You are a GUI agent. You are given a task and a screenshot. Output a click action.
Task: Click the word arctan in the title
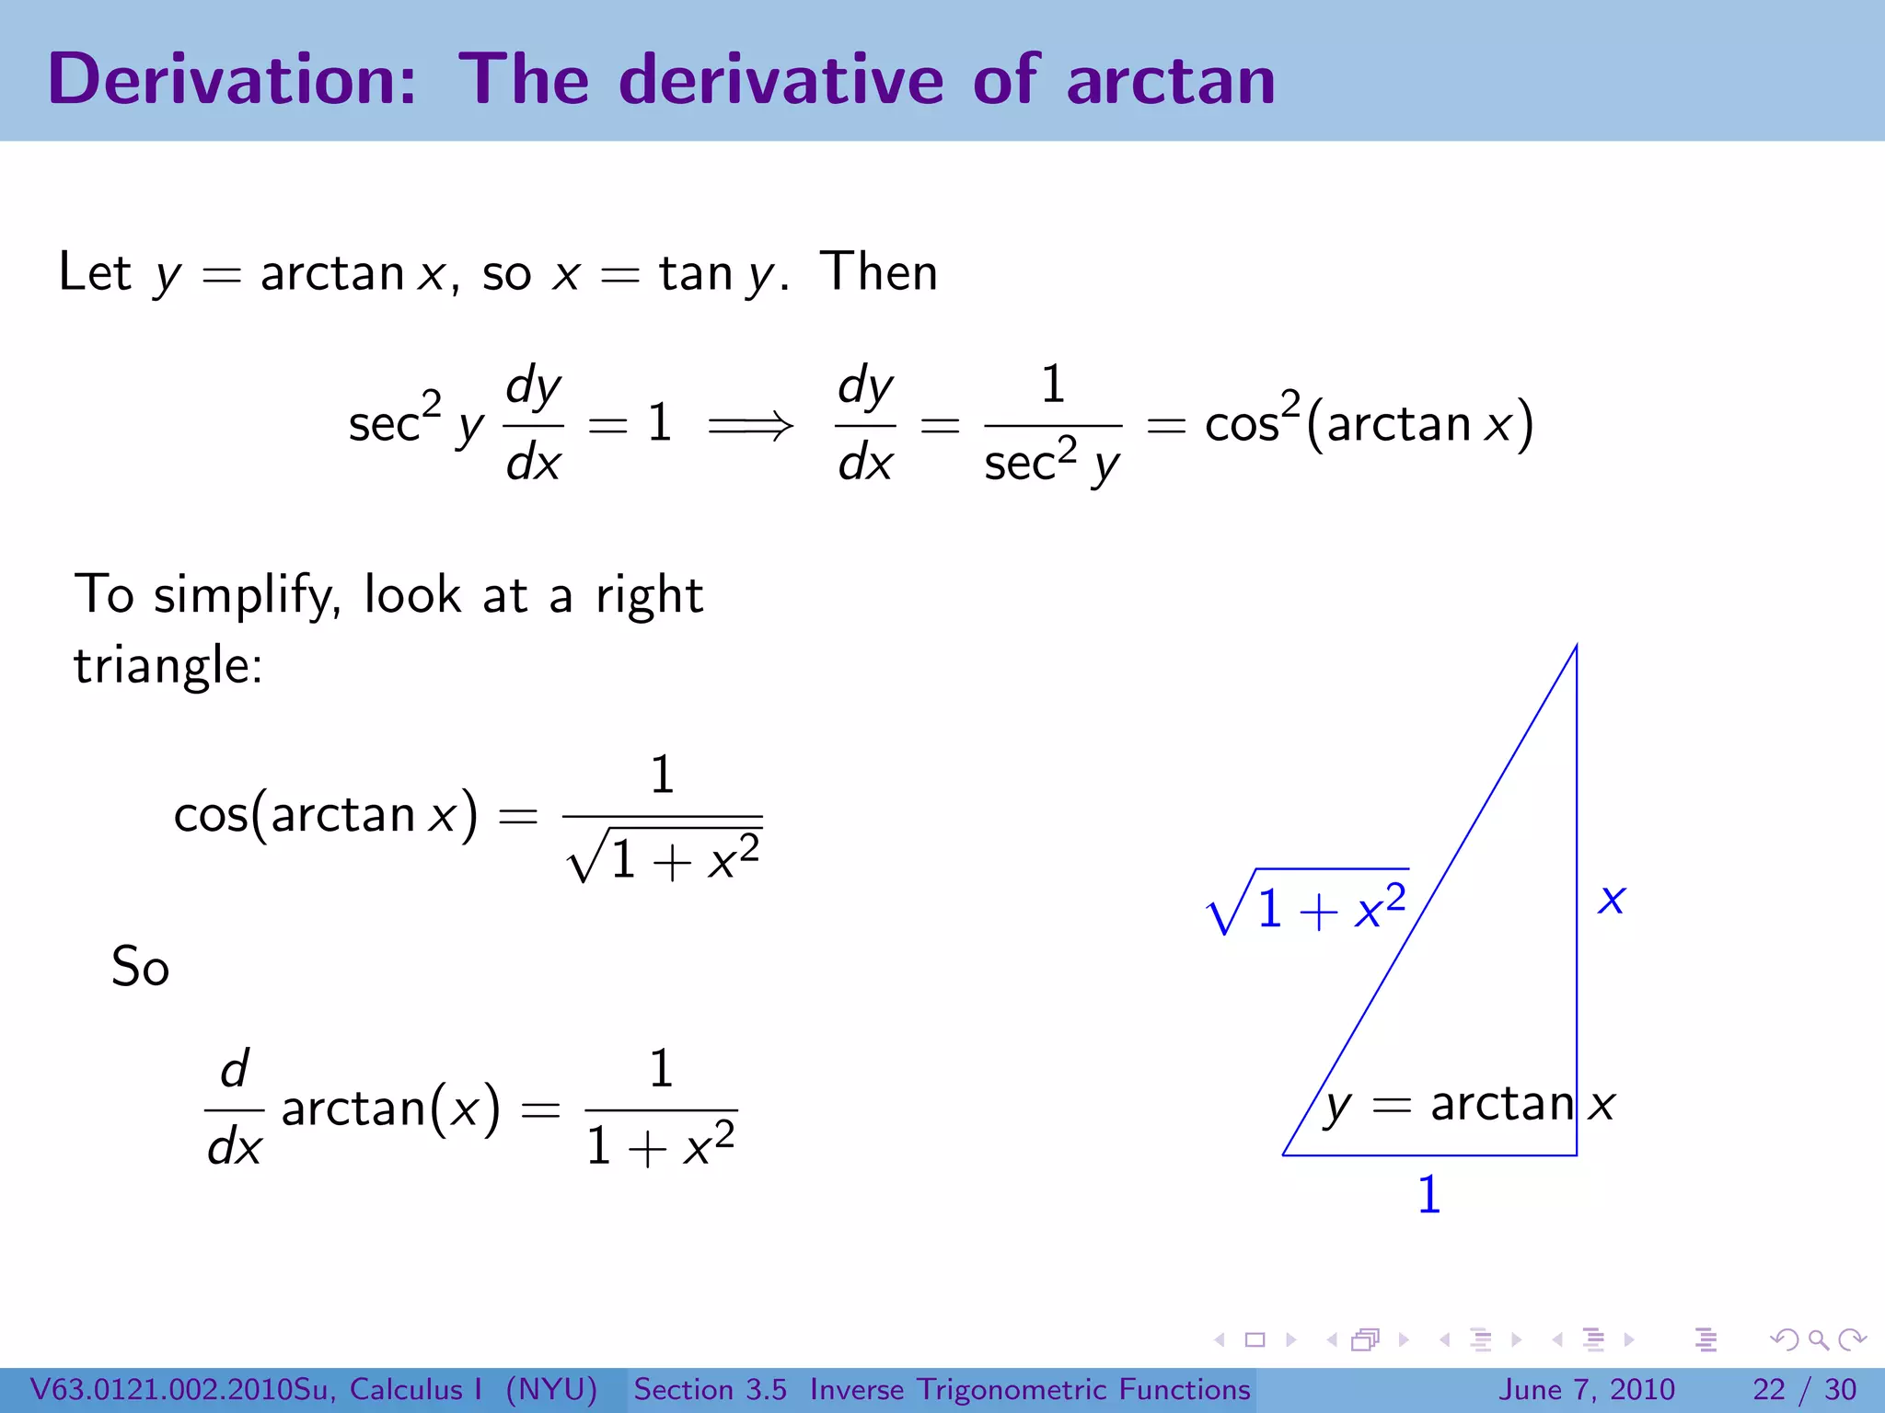coord(1171,80)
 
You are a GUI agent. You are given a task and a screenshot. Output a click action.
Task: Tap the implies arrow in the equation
coord(750,425)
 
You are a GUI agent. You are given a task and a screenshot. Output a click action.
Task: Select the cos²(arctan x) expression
coord(1369,424)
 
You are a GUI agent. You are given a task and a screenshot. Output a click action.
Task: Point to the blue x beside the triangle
coord(1612,899)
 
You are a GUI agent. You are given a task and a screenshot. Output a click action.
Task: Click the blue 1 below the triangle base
coord(1428,1195)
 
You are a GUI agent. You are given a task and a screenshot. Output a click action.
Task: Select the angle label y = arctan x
coord(1470,1104)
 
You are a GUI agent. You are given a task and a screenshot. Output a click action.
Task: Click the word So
coord(140,967)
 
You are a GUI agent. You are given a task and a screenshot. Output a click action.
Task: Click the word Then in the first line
coord(879,272)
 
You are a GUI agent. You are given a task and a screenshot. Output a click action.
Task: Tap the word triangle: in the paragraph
coord(168,665)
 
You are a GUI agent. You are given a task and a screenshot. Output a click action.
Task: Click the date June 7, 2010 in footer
coord(1587,1389)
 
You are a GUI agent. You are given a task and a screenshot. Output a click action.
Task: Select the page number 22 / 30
coord(1804,1389)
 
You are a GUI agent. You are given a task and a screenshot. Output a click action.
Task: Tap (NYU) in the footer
coord(551,1389)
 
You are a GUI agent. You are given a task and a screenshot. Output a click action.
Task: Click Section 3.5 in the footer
coord(710,1389)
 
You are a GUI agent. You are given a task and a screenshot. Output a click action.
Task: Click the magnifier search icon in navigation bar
coord(1818,1339)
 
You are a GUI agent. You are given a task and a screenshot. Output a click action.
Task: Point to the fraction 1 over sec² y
coord(1053,425)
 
